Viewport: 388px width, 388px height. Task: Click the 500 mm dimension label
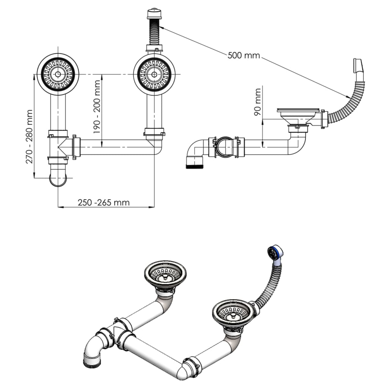click(244, 55)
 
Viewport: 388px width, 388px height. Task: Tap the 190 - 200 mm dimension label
click(97, 106)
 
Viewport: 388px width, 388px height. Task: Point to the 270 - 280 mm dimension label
click(29, 136)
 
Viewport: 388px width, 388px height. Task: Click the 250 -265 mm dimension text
click(104, 203)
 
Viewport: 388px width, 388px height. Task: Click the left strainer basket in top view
click(58, 74)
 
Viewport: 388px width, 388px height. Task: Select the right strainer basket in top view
click(154, 74)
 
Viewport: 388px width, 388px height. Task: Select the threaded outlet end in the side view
click(195, 163)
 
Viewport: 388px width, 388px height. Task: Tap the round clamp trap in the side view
click(224, 146)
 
